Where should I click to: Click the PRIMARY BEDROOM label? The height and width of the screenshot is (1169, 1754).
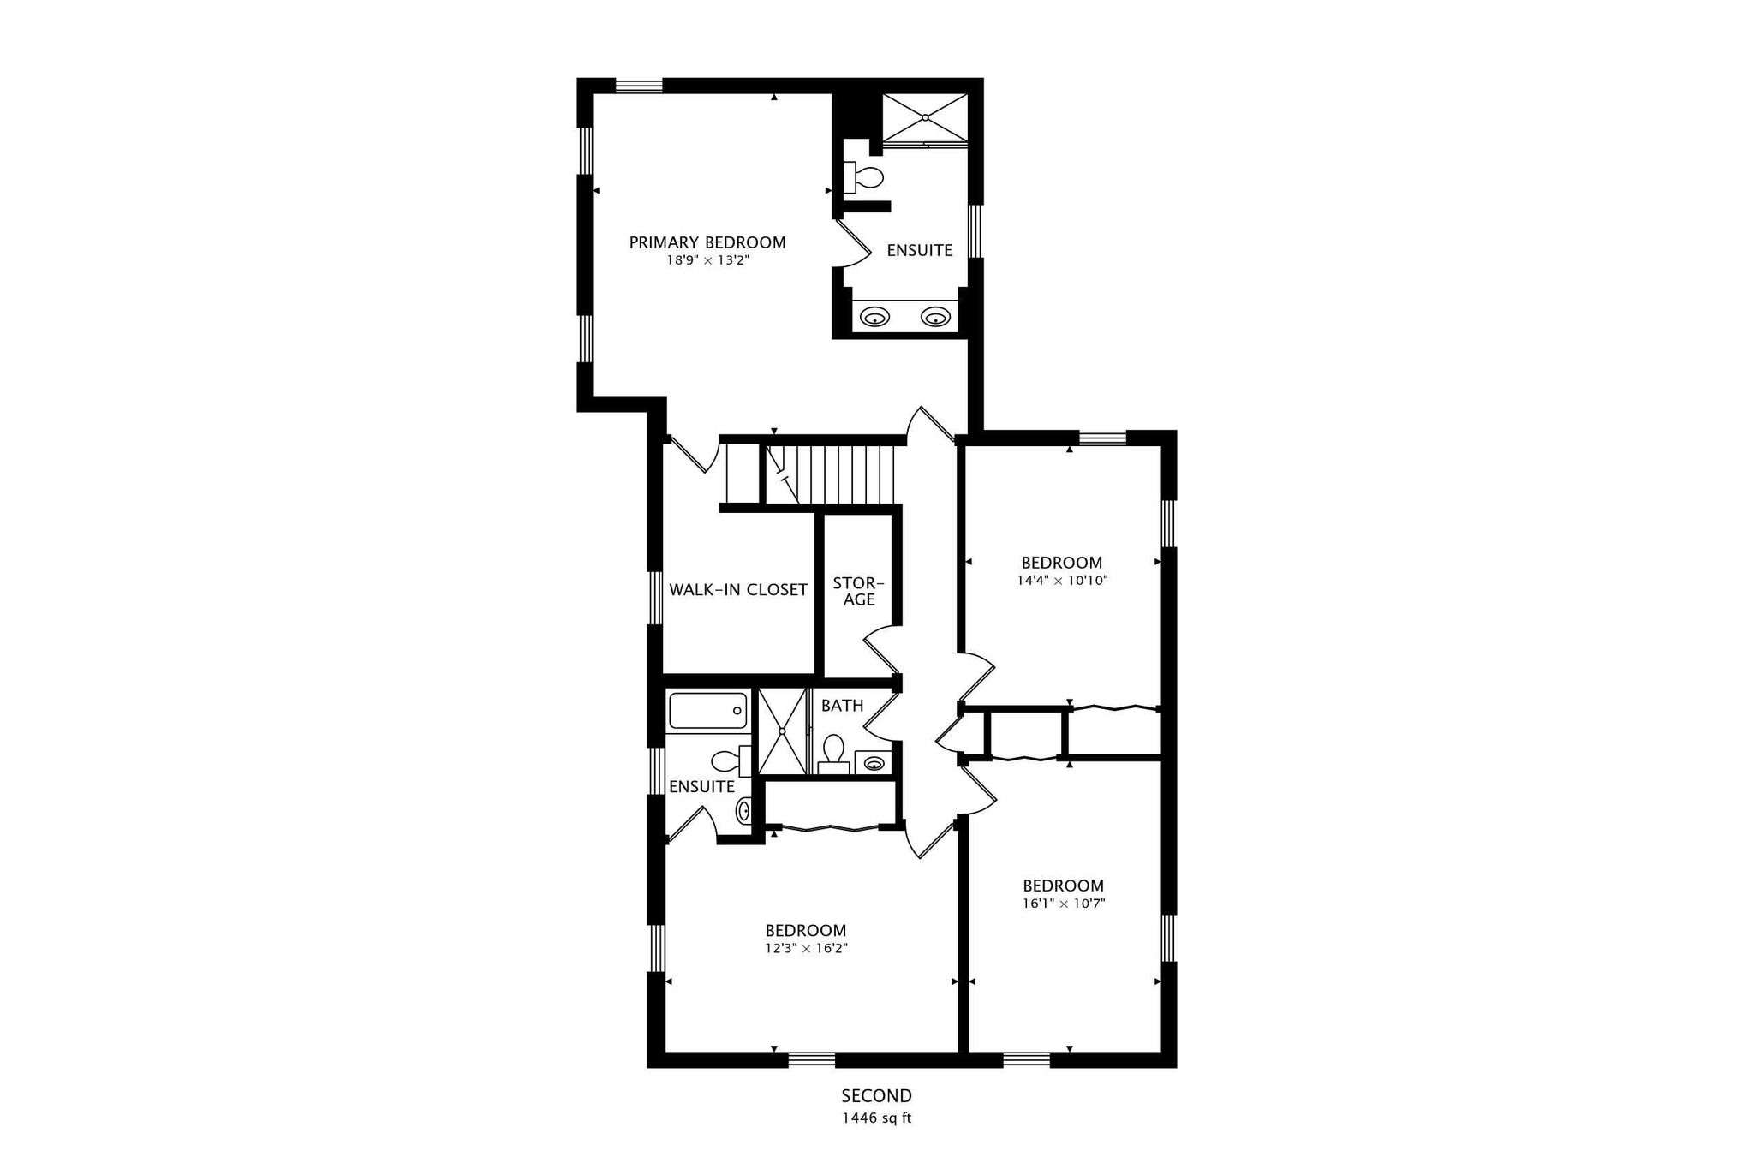[x=707, y=242]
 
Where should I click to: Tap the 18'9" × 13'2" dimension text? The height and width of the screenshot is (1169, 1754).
[x=707, y=260]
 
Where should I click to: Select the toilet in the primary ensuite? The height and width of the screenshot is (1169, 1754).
[x=863, y=177]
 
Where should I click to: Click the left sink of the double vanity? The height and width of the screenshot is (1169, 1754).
[x=874, y=318]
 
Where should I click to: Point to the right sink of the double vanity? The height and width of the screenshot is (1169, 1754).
[x=936, y=318]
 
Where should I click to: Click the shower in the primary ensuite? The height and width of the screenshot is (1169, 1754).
[x=925, y=118]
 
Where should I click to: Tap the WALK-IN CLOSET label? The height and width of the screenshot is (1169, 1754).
[x=738, y=589]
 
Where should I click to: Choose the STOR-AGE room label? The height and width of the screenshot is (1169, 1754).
[x=858, y=592]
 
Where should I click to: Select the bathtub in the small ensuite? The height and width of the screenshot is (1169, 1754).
[x=707, y=711]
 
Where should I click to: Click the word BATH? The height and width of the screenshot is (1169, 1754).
[x=843, y=706]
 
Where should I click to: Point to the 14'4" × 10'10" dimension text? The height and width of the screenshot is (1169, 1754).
[x=1062, y=580]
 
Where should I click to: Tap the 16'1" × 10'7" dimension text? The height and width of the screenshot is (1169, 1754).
[x=1064, y=903]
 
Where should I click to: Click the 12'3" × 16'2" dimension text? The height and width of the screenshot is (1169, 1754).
[x=806, y=948]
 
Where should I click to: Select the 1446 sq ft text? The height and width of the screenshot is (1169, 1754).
[x=877, y=1118]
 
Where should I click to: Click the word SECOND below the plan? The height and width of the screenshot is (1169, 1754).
[x=877, y=1095]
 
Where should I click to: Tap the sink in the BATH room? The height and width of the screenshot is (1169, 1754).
[x=874, y=761]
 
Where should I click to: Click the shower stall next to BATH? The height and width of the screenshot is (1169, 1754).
[x=784, y=731]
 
